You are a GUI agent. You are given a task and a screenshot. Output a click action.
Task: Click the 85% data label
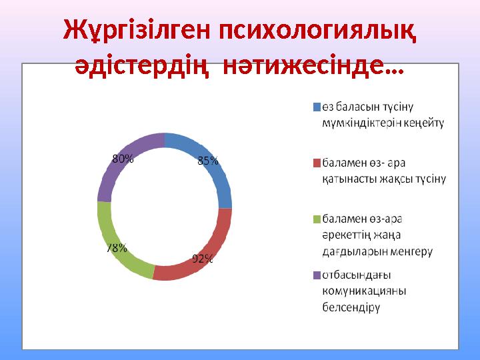tap(207, 160)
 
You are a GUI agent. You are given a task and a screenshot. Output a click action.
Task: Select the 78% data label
tap(117, 248)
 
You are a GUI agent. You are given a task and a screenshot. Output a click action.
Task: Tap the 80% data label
tap(123, 159)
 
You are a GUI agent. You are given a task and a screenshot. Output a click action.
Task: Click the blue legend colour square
tap(317, 106)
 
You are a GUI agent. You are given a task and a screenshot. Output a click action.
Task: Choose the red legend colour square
tap(317, 162)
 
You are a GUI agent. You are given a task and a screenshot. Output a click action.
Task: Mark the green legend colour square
tap(317, 218)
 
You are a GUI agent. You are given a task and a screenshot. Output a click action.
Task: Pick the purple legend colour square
tap(317, 274)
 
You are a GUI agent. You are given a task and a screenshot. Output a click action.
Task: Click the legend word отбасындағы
tap(356, 274)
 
